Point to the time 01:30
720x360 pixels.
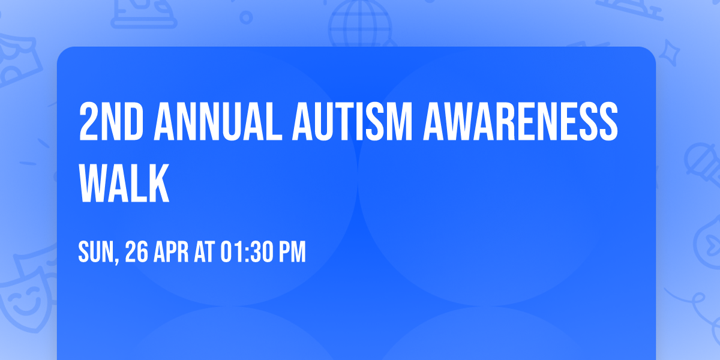[247, 253]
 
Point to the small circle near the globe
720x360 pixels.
[246, 18]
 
